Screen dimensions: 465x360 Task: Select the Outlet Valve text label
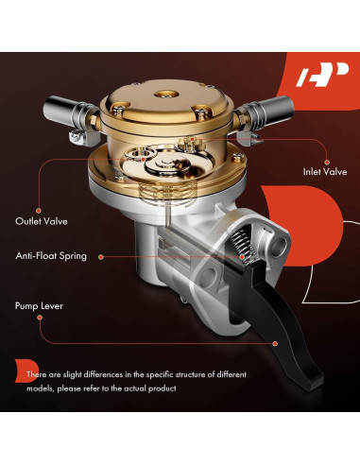pyautogui.click(x=43, y=222)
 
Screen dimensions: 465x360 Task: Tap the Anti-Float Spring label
pyautogui.click(x=52, y=255)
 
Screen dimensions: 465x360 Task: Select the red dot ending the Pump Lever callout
pyautogui.click(x=275, y=343)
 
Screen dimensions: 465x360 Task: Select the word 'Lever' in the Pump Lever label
pyautogui.click(x=51, y=305)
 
